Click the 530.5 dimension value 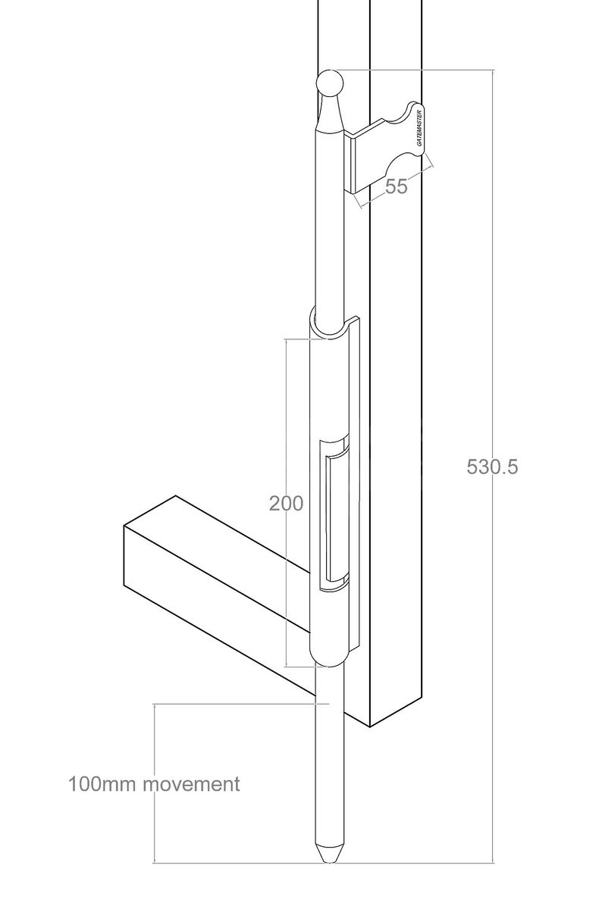(x=492, y=467)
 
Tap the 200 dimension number (x=287, y=503)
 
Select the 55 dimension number (x=396, y=187)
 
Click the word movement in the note (x=193, y=783)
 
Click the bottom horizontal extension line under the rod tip (x=227, y=862)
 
